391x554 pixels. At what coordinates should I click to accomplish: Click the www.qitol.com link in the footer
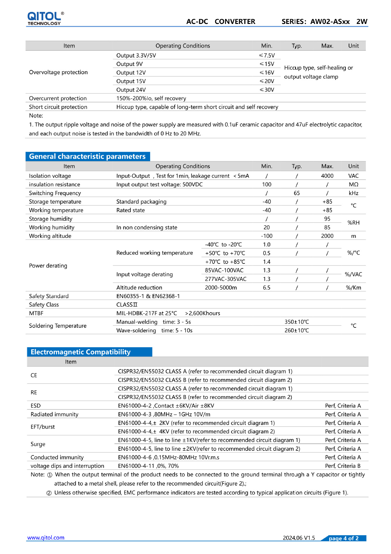coord(46,538)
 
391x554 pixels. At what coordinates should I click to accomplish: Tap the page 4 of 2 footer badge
coord(343,538)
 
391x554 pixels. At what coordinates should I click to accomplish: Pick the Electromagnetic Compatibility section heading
coord(81,352)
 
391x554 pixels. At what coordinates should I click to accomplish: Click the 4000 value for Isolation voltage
coord(327,176)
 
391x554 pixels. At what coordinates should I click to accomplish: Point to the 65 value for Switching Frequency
coord(296,193)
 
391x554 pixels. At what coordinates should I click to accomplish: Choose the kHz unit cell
coord(353,193)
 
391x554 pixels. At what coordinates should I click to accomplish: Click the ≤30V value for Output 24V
coord(267,90)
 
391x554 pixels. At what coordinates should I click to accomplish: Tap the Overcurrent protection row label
coord(58,98)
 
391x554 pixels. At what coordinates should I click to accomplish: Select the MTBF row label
coord(36,313)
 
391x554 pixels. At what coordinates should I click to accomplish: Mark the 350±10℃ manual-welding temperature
coord(296,322)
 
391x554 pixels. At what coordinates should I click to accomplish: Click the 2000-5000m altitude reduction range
coord(221,288)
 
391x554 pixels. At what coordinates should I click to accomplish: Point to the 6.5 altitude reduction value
coord(267,288)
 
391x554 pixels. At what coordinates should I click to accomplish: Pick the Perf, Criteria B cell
coord(343,466)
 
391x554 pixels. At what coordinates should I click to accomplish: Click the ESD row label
coord(35,406)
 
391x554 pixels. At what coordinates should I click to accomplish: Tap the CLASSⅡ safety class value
coord(127,305)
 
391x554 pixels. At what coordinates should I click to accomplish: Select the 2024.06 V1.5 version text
coord(299,538)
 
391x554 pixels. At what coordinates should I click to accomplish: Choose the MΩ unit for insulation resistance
coord(353,184)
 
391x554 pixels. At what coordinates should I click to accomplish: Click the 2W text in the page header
coord(362,22)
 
